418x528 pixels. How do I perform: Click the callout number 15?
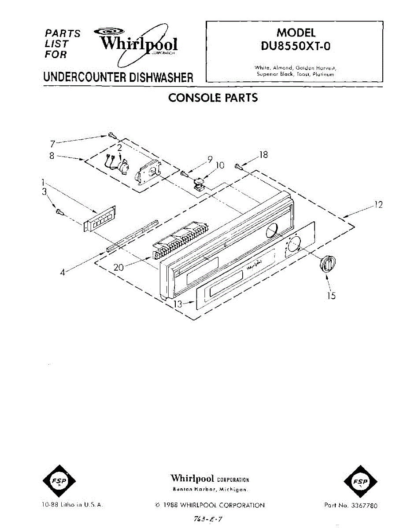click(x=331, y=296)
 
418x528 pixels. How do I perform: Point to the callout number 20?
click(x=118, y=267)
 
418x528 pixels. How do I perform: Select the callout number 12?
click(x=377, y=205)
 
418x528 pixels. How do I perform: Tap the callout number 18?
click(x=263, y=154)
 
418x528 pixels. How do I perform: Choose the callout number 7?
click(x=52, y=143)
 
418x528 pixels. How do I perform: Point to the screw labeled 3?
click(x=59, y=212)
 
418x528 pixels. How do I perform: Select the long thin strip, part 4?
click(x=132, y=235)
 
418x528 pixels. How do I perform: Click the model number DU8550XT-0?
click(x=296, y=46)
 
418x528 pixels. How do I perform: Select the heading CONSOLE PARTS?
click(x=213, y=98)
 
